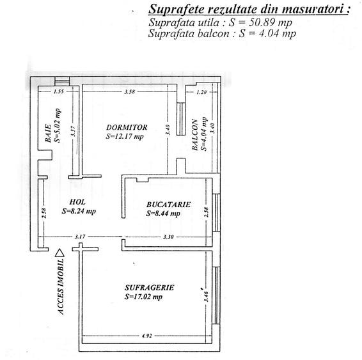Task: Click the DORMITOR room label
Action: [x=127, y=127]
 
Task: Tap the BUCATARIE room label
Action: [x=168, y=205]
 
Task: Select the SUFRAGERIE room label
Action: [x=149, y=288]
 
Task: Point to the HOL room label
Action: [x=77, y=201]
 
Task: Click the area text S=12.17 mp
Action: [x=125, y=136]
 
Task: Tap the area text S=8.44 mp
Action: [x=163, y=214]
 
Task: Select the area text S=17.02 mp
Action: [x=144, y=297]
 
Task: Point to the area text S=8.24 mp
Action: [x=79, y=210]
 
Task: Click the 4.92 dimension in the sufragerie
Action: [x=146, y=334]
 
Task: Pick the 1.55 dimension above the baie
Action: [x=59, y=92]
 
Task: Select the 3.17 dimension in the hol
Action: [x=80, y=237]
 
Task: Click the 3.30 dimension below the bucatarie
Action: [x=169, y=237]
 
